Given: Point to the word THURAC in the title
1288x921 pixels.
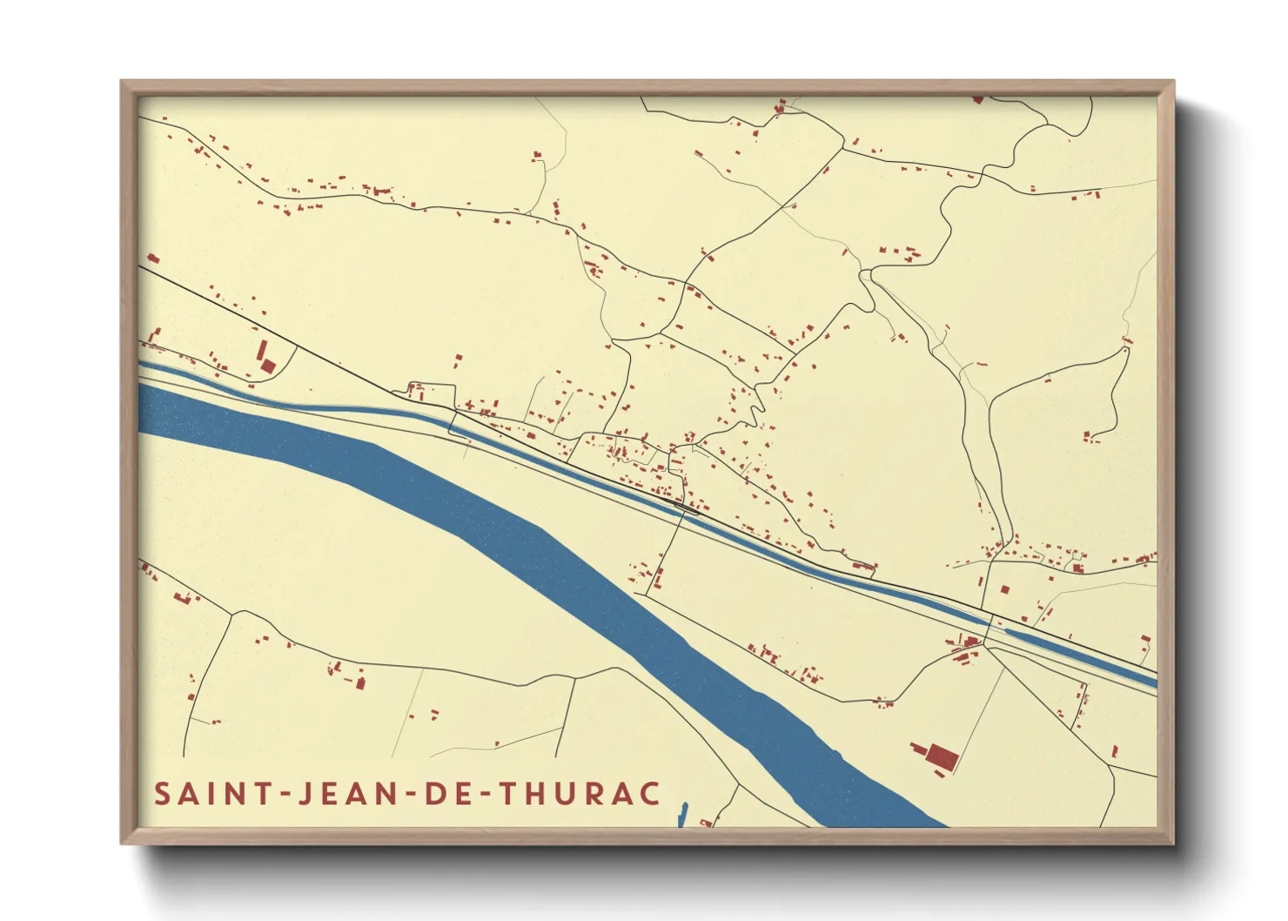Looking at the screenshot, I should pyautogui.click(x=581, y=794).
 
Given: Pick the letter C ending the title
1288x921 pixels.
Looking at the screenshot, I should pyautogui.click(x=649, y=794).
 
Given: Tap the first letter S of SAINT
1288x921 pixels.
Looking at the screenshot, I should pyautogui.click(x=163, y=794).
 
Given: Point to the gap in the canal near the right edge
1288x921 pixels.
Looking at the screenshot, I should pyautogui.click(x=990, y=623).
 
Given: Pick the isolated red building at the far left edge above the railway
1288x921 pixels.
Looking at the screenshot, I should pyautogui.click(x=152, y=259).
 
